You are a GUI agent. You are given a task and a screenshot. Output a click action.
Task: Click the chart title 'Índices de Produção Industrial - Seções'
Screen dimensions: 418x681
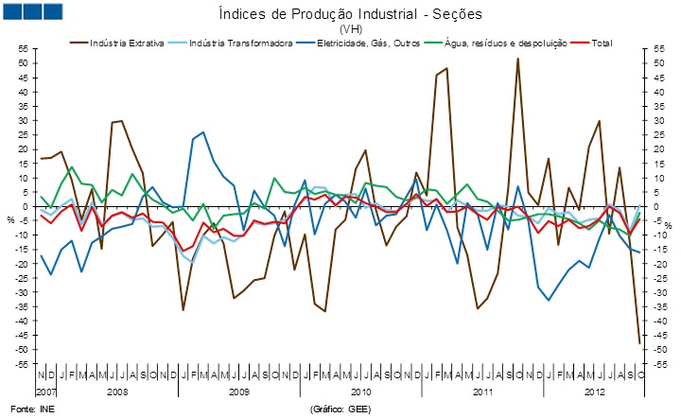tap(351, 14)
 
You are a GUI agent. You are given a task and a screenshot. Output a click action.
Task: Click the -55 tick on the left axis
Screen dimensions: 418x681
tap(20, 364)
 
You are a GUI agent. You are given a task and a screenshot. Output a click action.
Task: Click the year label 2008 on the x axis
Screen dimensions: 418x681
tap(118, 391)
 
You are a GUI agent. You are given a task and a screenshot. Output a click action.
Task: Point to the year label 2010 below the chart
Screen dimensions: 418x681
tap(360, 391)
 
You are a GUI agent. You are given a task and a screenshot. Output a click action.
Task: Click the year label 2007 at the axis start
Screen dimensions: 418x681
tap(47, 391)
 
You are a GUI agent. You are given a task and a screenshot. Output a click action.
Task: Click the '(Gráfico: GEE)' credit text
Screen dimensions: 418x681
tap(341, 409)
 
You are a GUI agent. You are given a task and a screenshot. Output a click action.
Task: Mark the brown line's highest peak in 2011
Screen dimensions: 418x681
tap(517, 59)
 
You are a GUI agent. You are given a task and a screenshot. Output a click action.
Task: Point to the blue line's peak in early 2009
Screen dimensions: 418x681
tap(203, 132)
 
